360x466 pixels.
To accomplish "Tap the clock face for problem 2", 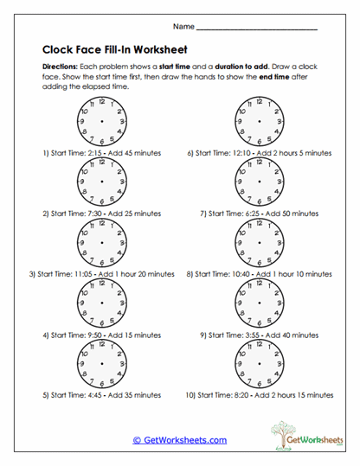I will pos(101,182).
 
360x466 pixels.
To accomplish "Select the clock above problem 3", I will pos(101,243).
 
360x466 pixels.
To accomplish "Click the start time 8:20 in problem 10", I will pos(245,394).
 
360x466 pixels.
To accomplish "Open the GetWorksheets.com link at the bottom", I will pos(179,439).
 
